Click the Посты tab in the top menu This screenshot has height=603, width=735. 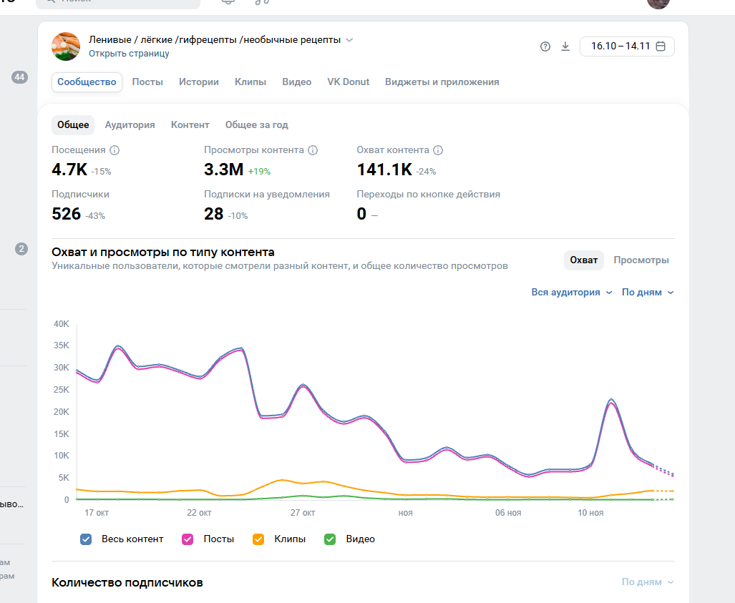(147, 82)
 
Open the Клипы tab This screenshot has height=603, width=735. (250, 82)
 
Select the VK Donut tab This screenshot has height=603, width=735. (349, 82)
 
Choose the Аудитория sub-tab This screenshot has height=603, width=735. (130, 124)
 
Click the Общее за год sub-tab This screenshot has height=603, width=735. (256, 124)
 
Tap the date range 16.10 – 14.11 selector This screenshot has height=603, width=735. (627, 46)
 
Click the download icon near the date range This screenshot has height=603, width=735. (565, 46)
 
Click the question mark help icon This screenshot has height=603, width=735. (545, 46)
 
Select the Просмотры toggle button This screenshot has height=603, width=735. (641, 260)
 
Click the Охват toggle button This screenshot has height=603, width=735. (583, 260)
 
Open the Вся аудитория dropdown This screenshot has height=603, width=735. (571, 292)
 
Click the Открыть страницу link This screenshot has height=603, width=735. (129, 53)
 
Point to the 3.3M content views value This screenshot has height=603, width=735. (223, 170)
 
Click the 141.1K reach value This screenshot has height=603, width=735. (384, 170)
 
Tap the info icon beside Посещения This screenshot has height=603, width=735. (115, 150)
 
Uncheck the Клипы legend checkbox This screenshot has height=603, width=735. (258, 539)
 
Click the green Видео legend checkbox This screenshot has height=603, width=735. (330, 539)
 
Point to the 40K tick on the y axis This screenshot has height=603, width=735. (61, 323)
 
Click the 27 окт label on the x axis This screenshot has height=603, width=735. (303, 513)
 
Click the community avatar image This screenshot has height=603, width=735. (66, 46)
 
